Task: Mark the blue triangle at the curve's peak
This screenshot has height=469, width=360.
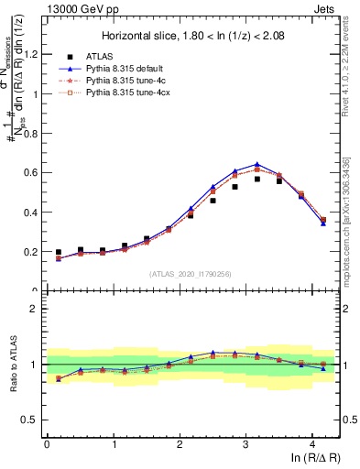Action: [257, 165]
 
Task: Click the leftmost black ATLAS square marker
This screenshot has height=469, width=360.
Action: [59, 252]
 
